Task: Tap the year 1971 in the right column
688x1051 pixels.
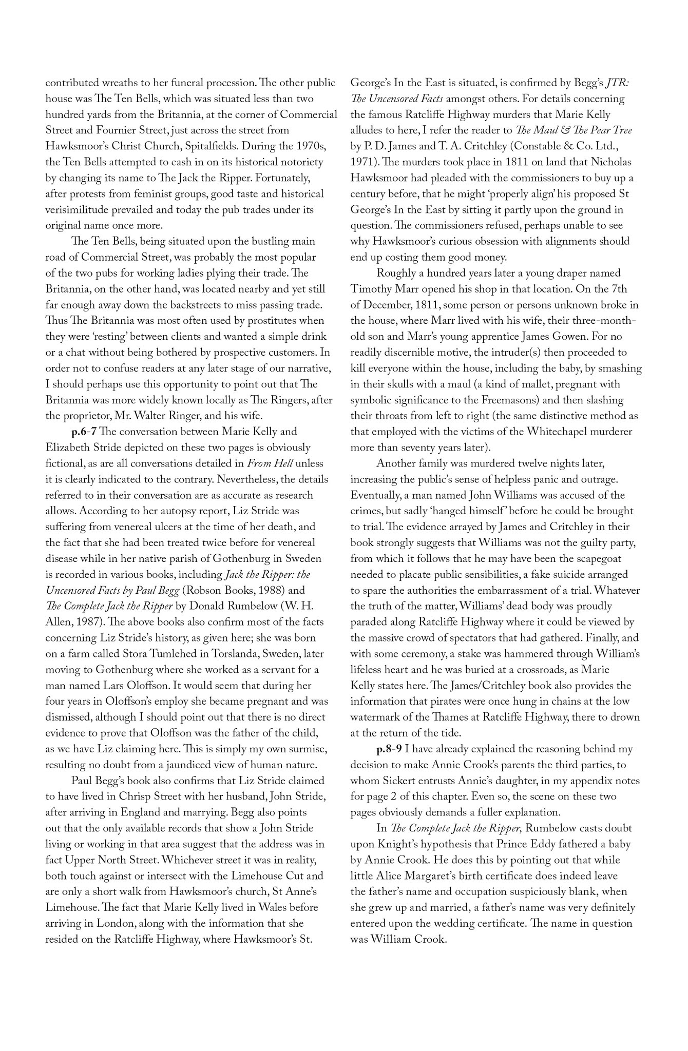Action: [x=364, y=162]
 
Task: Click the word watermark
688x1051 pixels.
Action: [x=378, y=717]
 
